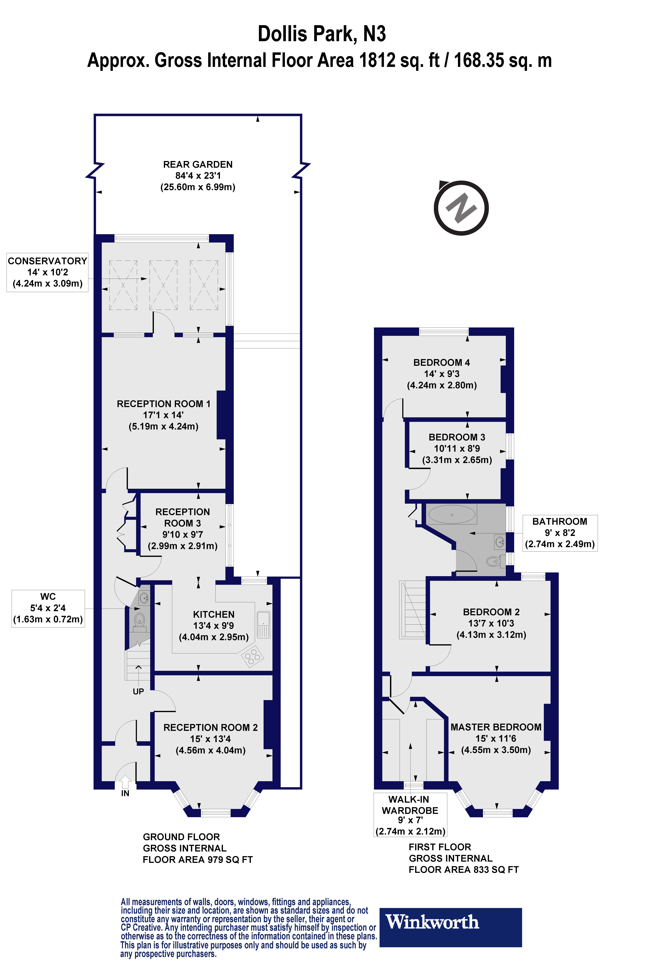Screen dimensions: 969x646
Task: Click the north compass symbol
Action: tap(461, 208)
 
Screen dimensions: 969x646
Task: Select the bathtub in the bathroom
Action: tap(452, 515)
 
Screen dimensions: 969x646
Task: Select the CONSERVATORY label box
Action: tap(47, 272)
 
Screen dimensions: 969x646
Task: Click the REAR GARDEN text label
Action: tap(198, 165)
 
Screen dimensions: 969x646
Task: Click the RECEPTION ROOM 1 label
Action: tap(164, 404)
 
